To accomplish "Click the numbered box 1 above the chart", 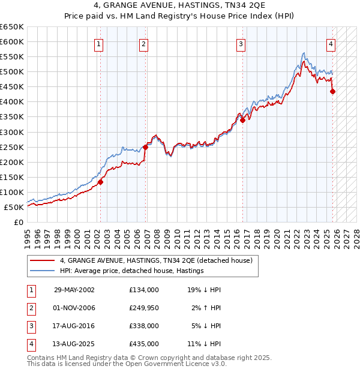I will (x=98, y=43).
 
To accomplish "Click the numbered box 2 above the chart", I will (x=144, y=43).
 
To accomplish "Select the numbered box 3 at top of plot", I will (x=241, y=43).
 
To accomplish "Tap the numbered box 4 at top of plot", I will (x=331, y=43).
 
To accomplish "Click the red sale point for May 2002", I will (x=101, y=182).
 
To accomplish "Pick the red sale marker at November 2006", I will (x=145, y=147).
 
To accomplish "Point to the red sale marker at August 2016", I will (x=243, y=120).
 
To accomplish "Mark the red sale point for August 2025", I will (x=333, y=91).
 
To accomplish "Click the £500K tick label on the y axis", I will (x=12, y=72).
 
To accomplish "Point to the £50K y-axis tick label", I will (x=14, y=207).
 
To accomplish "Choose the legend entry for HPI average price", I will (x=131, y=271).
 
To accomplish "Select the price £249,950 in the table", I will (x=143, y=308).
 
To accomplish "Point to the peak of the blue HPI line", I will (x=304, y=53).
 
